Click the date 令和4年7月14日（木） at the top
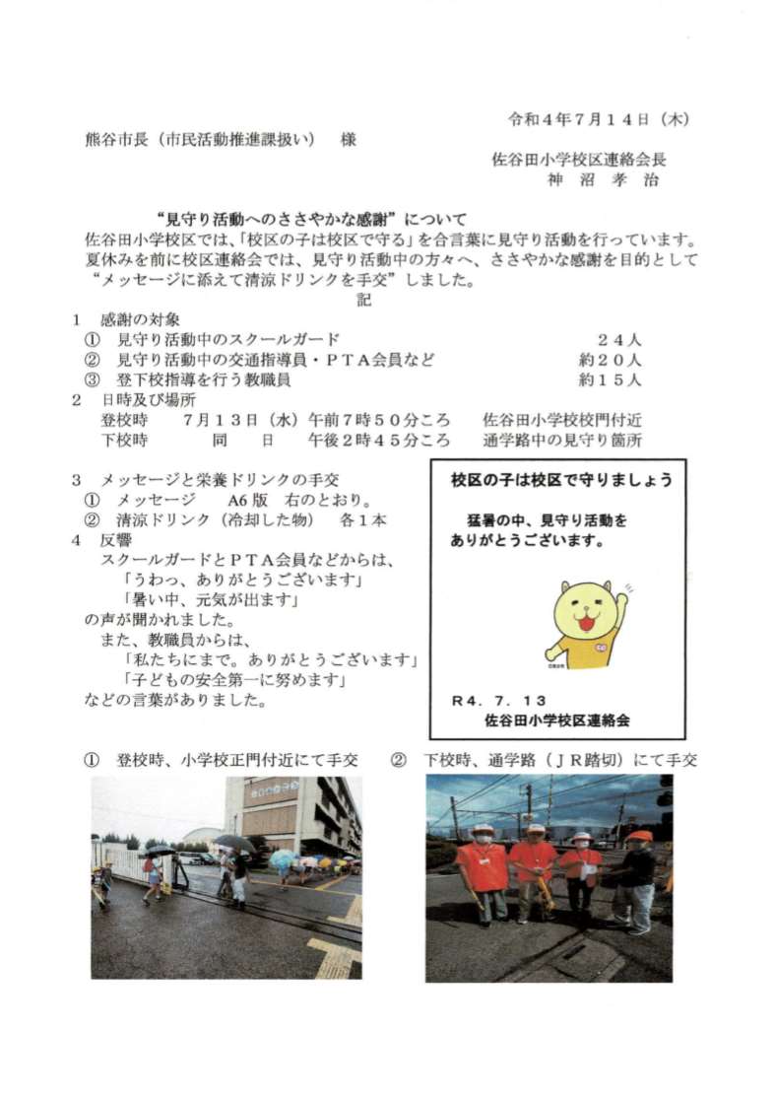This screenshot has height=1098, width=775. pyautogui.click(x=597, y=120)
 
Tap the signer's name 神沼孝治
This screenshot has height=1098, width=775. pyautogui.click(x=604, y=180)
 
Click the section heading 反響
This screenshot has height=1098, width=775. pyautogui.click(x=114, y=541)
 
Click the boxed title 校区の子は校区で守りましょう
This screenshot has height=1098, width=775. pyautogui.click(x=561, y=481)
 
